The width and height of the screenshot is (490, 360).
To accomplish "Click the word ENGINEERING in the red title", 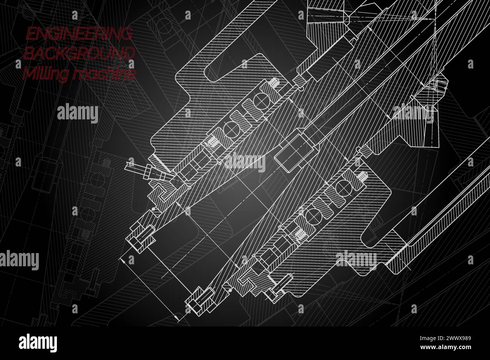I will pos(78,35).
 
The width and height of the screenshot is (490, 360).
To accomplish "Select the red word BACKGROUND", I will pos(79,54).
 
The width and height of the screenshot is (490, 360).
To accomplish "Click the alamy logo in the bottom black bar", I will pos(38,343).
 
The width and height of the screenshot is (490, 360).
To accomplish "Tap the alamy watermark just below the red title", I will pos(78,113).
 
